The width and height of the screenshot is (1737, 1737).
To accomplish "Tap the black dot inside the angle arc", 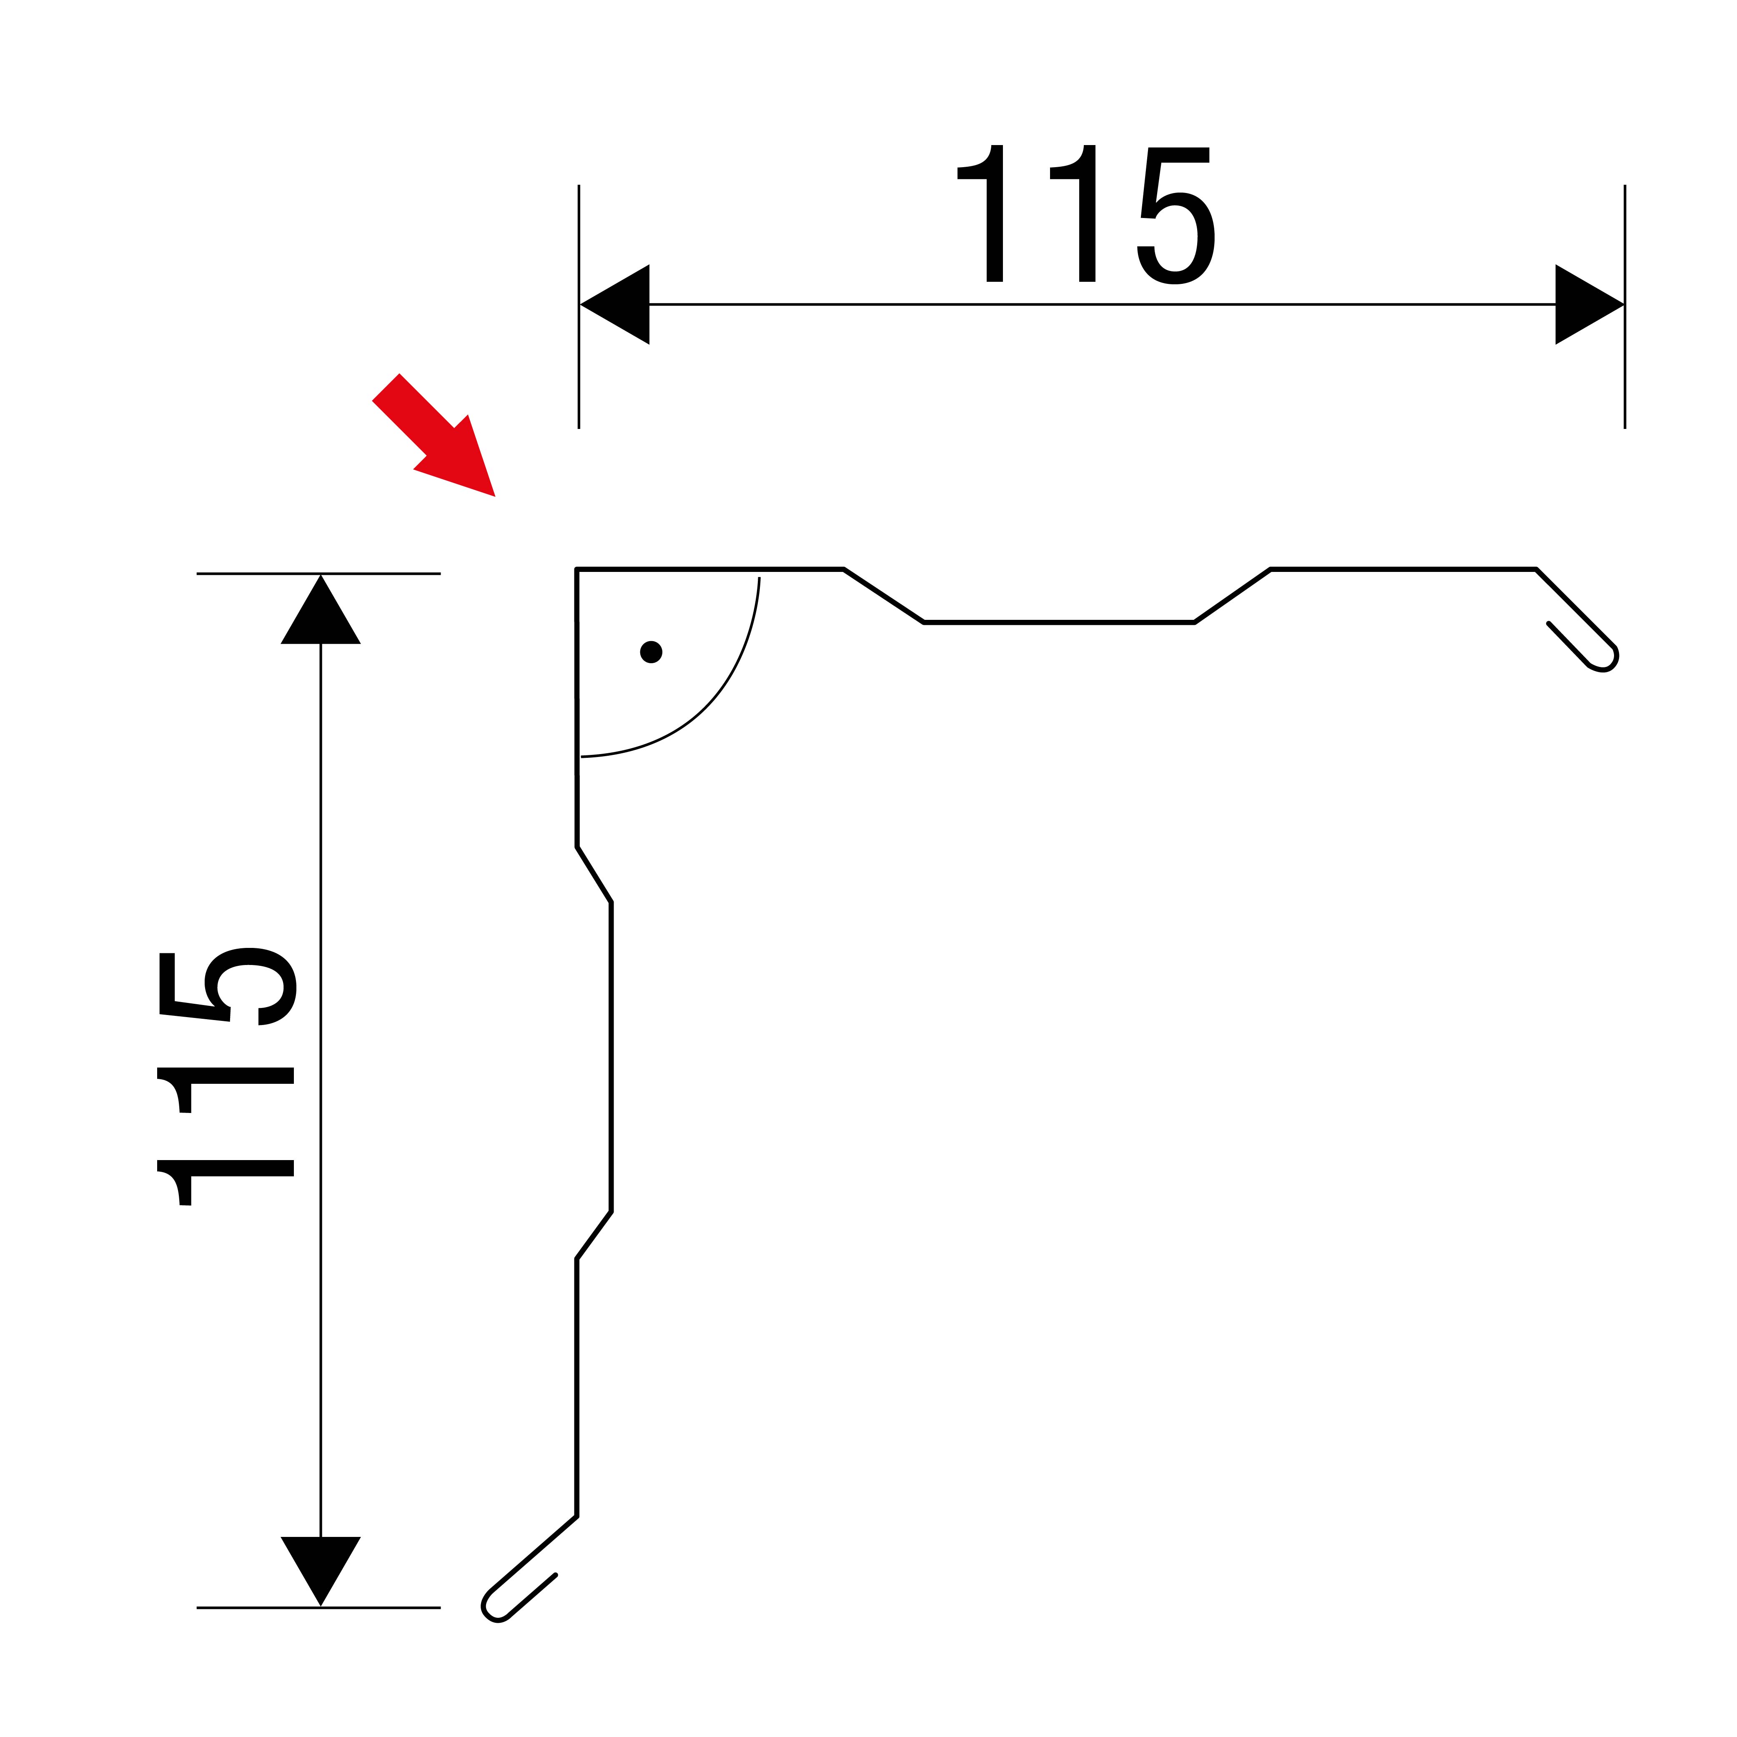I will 651,652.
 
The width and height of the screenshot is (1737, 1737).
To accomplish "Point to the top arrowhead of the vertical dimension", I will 321,612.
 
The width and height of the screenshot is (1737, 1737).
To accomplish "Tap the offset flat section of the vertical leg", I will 612,1056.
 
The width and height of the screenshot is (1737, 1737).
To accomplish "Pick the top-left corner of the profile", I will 577,570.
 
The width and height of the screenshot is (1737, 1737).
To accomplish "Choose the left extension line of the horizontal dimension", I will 579,378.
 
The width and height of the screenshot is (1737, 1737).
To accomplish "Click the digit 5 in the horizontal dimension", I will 1176,216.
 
